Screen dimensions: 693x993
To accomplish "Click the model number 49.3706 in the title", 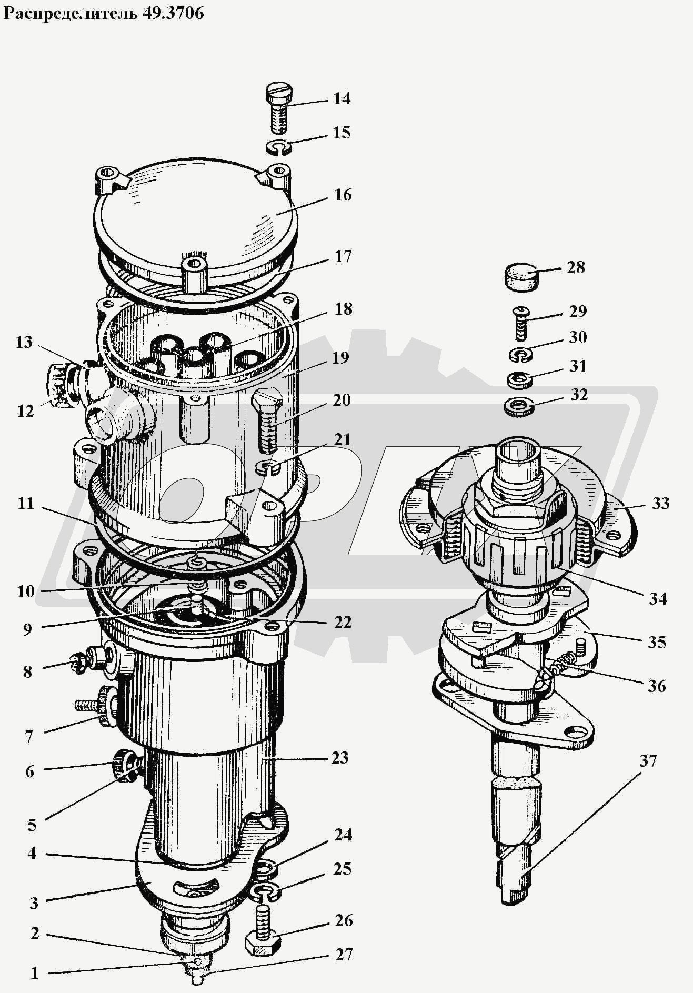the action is coord(173,13).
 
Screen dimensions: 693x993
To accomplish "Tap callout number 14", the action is coord(342,99).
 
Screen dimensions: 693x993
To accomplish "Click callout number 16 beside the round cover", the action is coord(343,195).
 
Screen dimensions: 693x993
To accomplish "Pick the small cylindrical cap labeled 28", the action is coord(522,277).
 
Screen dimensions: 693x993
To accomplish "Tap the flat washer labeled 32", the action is coord(519,407).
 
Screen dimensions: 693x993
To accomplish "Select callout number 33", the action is coord(660,504).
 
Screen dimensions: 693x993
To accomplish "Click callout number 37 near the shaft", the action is coord(648,761).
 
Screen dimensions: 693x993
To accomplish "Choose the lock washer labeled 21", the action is coord(268,466).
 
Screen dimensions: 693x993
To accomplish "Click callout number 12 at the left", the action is coord(25,411).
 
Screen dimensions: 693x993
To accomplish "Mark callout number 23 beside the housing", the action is coord(340,758).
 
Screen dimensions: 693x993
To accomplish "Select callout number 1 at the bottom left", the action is coord(35,973).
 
